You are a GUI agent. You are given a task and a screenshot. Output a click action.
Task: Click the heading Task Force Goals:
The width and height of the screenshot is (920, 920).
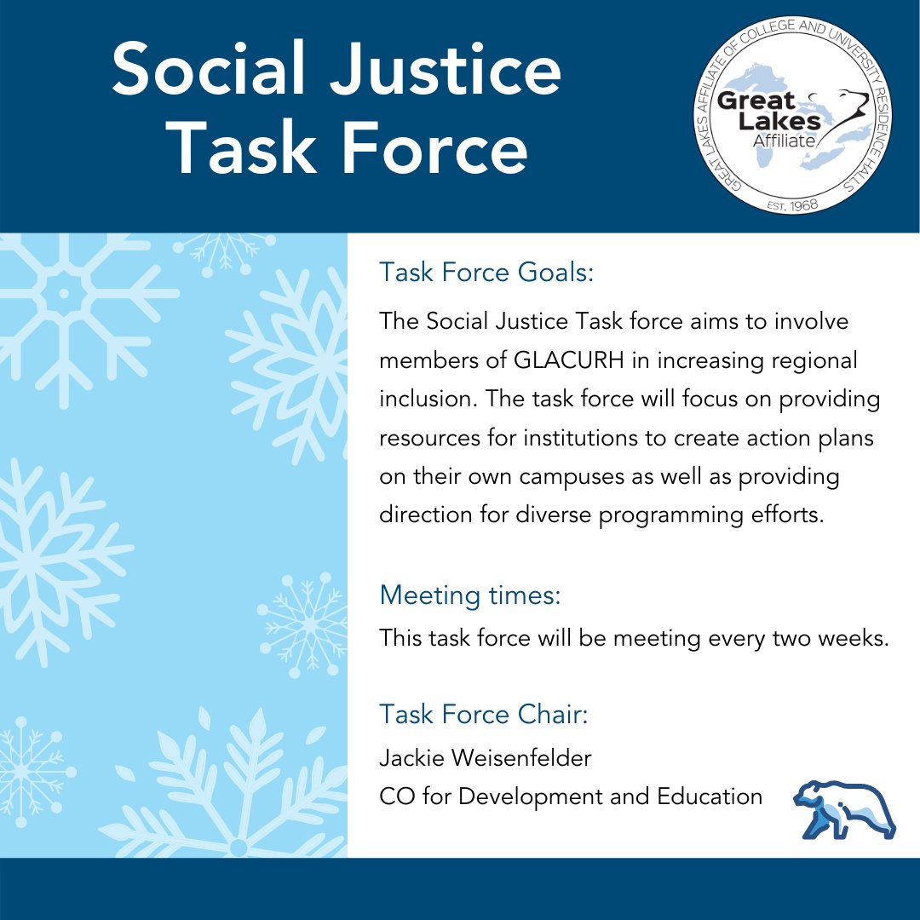click(486, 273)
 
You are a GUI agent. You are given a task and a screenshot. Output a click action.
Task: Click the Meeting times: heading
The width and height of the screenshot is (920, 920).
click(470, 595)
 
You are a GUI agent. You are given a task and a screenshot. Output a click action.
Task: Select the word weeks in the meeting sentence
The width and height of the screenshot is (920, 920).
click(848, 637)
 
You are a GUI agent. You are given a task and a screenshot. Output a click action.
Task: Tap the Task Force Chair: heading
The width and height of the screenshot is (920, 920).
click(484, 714)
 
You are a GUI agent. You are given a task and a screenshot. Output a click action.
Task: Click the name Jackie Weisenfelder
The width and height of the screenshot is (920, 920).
click(486, 757)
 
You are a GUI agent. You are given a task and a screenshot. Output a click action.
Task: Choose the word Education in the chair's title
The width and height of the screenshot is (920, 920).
click(710, 796)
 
